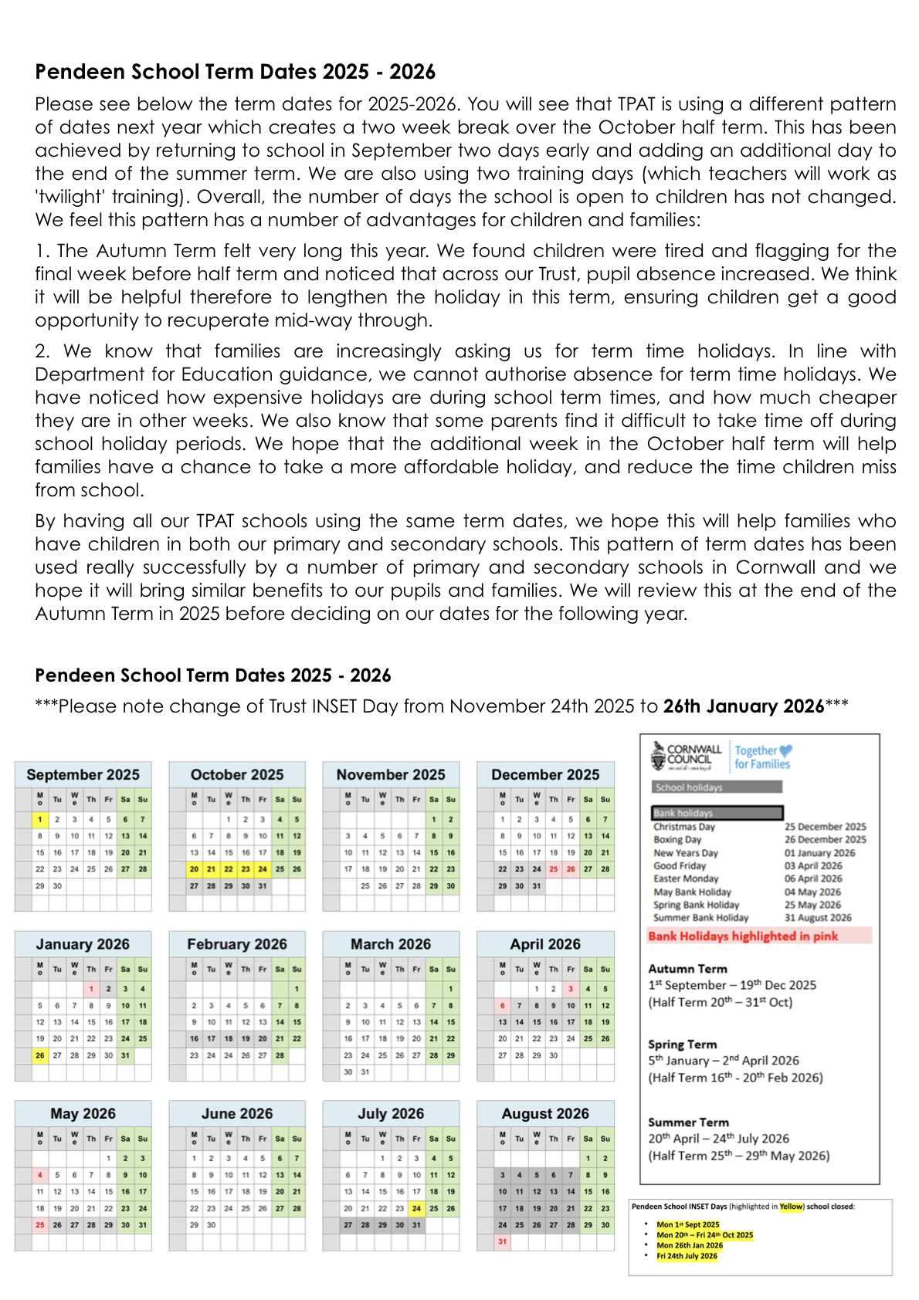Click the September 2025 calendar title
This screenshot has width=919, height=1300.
coord(83,774)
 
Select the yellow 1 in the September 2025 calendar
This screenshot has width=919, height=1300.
coord(40,819)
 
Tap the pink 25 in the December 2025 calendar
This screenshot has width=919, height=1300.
coord(554,868)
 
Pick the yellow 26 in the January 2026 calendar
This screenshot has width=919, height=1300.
coord(40,1055)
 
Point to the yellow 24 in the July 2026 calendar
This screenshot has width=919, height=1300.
coord(416,1208)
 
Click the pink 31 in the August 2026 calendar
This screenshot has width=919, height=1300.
coord(503,1241)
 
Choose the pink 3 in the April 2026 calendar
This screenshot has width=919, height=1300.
coord(571,989)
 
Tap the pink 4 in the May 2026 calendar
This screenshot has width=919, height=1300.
coord(40,1175)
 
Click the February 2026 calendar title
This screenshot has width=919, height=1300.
coord(236,944)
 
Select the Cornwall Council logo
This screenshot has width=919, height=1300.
coord(687,756)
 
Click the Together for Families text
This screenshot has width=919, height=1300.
coord(762,757)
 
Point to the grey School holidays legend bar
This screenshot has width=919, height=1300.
coord(717,787)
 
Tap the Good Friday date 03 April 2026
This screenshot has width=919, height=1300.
coord(813,865)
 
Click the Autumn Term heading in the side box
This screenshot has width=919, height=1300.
coord(687,968)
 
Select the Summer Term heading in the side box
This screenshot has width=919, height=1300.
coord(688,1122)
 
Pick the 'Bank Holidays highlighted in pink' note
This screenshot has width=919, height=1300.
coord(743,936)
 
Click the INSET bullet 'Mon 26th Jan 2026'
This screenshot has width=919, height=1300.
coord(690,1245)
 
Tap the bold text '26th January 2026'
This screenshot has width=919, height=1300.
coord(743,706)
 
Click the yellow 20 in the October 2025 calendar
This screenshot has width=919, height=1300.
coord(194,868)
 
